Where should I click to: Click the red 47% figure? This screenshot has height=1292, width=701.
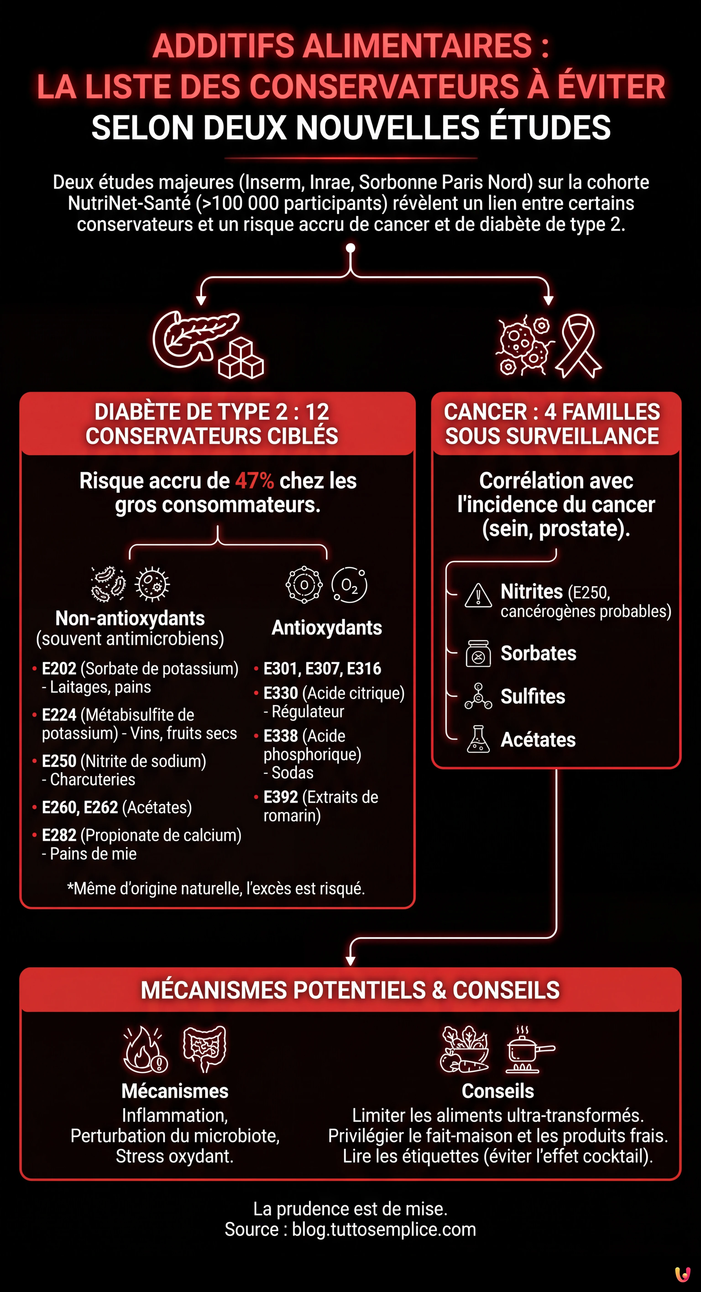[254, 481]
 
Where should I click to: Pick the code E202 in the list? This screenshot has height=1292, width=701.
[59, 669]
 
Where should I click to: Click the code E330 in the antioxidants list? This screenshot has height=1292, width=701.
[281, 693]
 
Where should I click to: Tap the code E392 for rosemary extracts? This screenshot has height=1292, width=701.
[281, 797]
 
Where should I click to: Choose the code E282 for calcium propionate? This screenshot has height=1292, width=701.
[59, 835]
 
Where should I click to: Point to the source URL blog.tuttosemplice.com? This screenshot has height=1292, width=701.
[384, 1229]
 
